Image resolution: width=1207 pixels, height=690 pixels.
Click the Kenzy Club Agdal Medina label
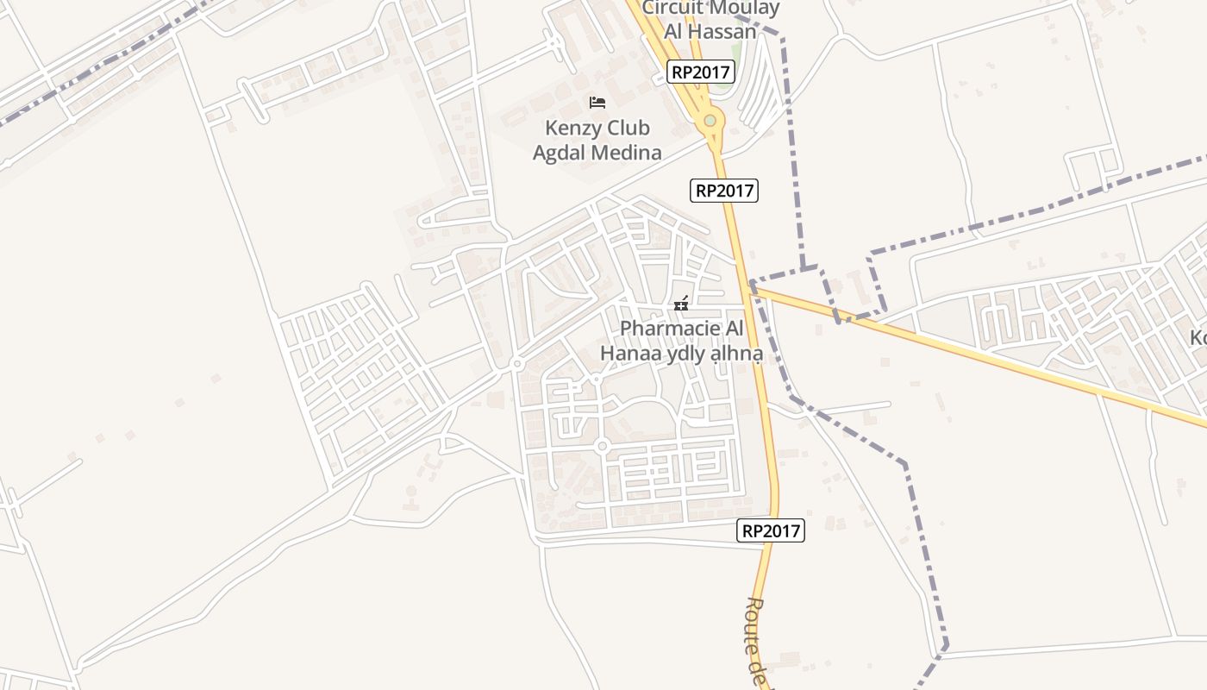[597, 141]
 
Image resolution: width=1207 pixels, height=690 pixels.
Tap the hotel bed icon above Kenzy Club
[597, 103]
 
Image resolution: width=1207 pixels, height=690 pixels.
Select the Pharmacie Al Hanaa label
[681, 341]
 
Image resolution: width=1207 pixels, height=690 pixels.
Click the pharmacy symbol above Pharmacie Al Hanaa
[681, 304]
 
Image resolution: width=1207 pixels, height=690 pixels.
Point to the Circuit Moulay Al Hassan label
[710, 20]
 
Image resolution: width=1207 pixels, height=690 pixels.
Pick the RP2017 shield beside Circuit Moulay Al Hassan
[701, 72]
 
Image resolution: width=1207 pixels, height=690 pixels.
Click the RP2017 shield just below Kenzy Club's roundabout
[724, 191]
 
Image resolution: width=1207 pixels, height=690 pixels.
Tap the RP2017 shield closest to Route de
[771, 531]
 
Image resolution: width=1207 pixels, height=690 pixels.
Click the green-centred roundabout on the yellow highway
[710, 121]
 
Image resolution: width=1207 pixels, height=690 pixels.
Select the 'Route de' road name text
[755, 638]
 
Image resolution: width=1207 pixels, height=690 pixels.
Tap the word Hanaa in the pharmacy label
[630, 354]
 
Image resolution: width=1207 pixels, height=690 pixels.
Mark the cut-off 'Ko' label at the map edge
[1198, 338]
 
